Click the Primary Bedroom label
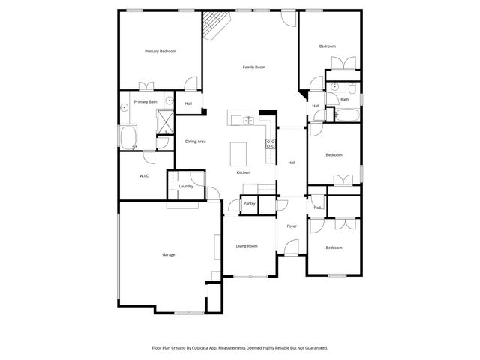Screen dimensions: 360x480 (x=160, y=51)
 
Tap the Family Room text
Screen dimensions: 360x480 (x=254, y=67)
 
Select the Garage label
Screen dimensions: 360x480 (x=169, y=254)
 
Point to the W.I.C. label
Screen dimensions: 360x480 (x=144, y=176)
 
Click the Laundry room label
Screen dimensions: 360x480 (x=186, y=186)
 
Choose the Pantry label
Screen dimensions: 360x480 (x=249, y=203)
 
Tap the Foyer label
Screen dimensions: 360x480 (x=292, y=226)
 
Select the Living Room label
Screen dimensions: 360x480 (x=247, y=246)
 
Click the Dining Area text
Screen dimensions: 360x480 (x=196, y=141)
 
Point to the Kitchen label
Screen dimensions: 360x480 (x=243, y=172)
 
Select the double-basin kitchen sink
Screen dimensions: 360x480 (x=250, y=121)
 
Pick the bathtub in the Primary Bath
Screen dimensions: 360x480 (x=127, y=138)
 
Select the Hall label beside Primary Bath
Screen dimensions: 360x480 (x=188, y=103)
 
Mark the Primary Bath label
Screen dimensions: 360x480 (x=145, y=101)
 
